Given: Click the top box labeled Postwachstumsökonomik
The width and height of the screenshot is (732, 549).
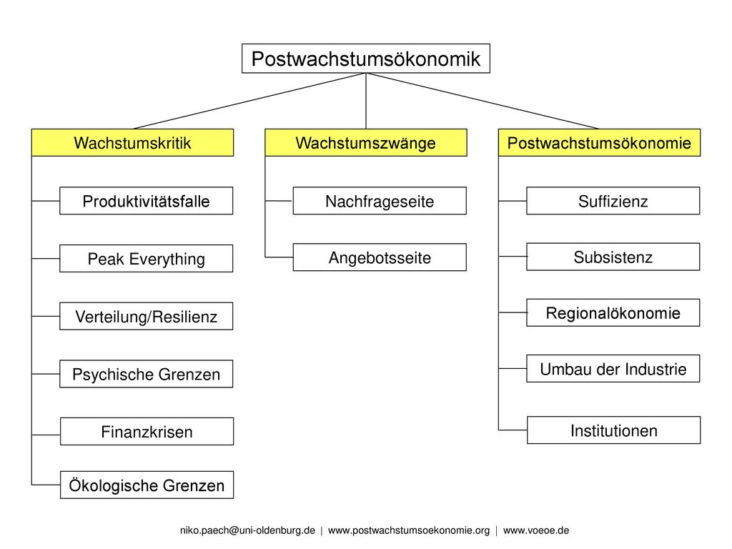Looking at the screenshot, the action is coord(365,59).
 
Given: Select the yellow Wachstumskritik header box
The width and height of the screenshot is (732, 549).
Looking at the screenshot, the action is coord(132,142).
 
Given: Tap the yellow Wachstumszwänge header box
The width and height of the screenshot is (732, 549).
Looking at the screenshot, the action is coord(365,142).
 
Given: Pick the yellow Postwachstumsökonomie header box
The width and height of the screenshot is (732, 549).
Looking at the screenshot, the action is coord(600,142).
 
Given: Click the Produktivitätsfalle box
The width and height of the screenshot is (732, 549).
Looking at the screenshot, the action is coord(146,201).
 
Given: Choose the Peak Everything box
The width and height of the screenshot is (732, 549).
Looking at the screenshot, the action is coord(146,258).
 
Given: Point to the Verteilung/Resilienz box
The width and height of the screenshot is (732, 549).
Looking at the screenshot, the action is coord(146,316).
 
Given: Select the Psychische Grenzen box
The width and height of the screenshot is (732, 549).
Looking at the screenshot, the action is coord(146,373).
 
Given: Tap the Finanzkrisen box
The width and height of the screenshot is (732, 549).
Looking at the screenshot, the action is coord(147,431).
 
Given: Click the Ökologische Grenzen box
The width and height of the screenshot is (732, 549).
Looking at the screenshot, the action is coord(147,485).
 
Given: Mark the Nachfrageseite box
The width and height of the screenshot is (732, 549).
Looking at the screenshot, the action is coord(380,201).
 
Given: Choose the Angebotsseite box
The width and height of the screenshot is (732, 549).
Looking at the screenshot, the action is coord(380,257).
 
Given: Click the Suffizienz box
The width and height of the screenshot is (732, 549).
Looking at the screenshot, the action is coord(613,201).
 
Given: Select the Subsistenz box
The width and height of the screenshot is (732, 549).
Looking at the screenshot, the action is coord(613,257).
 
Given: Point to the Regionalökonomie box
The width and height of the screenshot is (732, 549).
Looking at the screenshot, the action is coord(613,312).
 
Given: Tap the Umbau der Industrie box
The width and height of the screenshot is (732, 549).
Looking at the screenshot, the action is coord(613,368).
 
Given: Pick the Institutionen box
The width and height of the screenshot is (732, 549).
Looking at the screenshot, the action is coord(613,430).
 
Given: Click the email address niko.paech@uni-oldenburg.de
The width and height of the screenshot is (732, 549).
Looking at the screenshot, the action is coord(247,530).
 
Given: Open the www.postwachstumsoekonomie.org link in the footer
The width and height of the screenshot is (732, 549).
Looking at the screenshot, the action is coord(409,530).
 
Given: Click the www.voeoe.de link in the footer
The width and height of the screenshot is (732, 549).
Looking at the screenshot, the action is coord(536,530).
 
